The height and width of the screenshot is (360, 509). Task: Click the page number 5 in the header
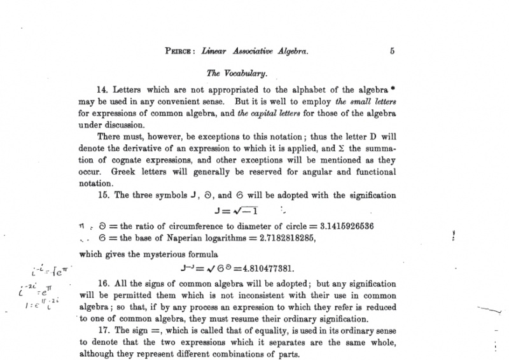pos(392,52)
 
